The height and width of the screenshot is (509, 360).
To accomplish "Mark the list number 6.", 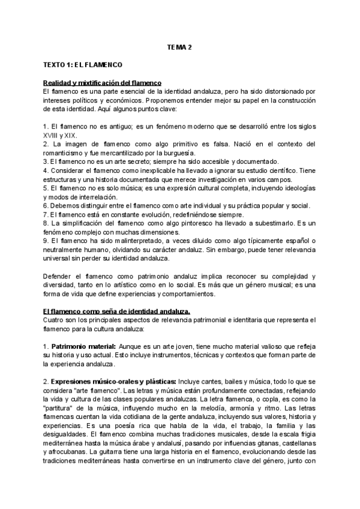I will tap(46, 206).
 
